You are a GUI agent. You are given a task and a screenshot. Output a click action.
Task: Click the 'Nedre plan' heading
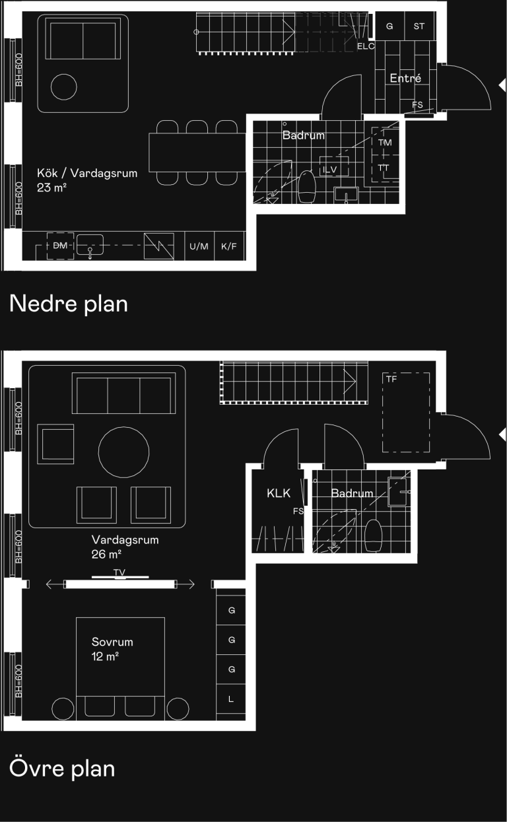69,304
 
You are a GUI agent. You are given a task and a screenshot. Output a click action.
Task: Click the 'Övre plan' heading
62,768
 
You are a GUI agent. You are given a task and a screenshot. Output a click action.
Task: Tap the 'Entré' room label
405,78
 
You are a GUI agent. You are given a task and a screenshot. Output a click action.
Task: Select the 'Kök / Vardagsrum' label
87,173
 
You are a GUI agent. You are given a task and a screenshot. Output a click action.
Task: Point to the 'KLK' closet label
279,493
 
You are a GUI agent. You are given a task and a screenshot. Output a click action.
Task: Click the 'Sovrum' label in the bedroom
112,642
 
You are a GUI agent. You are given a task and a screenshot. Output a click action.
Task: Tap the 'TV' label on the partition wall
119,572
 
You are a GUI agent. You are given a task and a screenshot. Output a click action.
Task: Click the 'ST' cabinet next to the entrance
419,26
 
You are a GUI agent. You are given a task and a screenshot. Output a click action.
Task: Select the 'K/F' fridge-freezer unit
229,246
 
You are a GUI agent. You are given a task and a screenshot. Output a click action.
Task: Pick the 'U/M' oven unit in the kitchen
199,246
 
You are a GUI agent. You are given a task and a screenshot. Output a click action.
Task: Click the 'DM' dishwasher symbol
61,246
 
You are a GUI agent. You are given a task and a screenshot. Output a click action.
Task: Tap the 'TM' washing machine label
385,143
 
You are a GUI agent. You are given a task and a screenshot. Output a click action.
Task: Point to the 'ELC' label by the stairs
366,46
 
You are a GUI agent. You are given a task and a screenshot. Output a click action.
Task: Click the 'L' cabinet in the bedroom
231,699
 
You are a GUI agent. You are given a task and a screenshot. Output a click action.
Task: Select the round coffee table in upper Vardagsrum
123,452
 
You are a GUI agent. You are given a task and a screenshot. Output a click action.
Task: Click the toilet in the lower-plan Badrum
307,187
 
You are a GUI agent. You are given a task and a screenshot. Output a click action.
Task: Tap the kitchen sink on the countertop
90,245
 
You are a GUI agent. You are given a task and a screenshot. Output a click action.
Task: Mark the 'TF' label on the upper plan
391,379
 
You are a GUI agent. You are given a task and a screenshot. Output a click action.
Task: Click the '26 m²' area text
106,554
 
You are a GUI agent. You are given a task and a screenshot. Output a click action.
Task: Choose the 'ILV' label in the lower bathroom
329,170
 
